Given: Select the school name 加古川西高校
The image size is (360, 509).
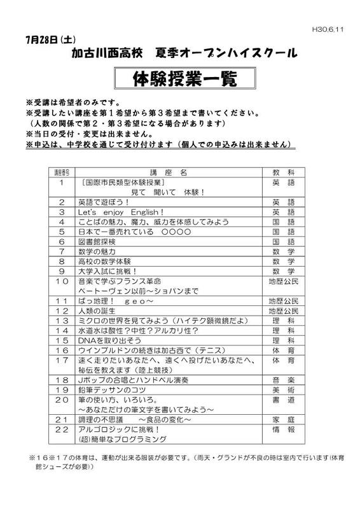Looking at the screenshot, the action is coord(104,53).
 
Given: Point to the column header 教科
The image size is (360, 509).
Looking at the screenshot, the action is coord(283,172).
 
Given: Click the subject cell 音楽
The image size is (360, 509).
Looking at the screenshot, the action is coord(283,379).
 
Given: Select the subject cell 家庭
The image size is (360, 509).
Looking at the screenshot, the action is coord(283,419).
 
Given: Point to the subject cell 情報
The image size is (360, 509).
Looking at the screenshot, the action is coord(283,429).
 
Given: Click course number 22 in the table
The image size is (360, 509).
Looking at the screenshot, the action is coord(62,429).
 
